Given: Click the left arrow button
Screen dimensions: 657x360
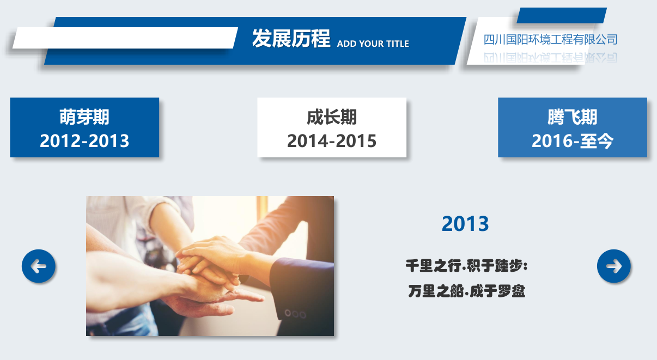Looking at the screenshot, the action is point(39,266).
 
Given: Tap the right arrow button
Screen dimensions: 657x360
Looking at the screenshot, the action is point(613,266).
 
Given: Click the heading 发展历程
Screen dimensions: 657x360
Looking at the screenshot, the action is point(291,39).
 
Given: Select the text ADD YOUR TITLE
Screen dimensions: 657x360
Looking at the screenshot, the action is point(373,44).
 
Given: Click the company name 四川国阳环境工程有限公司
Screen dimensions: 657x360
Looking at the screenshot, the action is point(550,40).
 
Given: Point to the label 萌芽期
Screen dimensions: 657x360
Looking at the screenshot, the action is point(84,117).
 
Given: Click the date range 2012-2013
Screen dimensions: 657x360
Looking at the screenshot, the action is point(84,141).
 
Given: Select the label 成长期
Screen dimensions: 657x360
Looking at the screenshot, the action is point(332,117).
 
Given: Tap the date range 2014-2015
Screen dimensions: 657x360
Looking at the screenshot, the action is point(332,141).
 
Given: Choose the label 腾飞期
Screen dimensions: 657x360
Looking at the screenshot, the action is point(572,117).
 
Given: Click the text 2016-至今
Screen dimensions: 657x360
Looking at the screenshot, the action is point(572,141).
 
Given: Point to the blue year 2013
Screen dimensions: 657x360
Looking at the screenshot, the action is point(465,224).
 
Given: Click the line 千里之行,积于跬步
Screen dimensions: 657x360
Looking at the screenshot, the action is point(466,266).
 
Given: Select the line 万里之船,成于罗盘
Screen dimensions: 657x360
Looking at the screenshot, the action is point(466,291).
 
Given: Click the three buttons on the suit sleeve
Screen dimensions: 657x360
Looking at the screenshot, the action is point(295,314).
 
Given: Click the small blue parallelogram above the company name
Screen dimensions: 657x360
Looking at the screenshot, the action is point(561,15).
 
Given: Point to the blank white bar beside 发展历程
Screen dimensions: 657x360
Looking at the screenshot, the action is point(125,38).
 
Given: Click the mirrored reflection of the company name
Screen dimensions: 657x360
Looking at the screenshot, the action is point(550,58).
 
